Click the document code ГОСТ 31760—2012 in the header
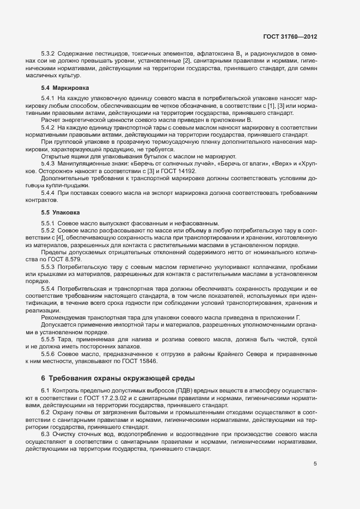coord(290,37)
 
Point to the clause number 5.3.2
coord(50,54)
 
